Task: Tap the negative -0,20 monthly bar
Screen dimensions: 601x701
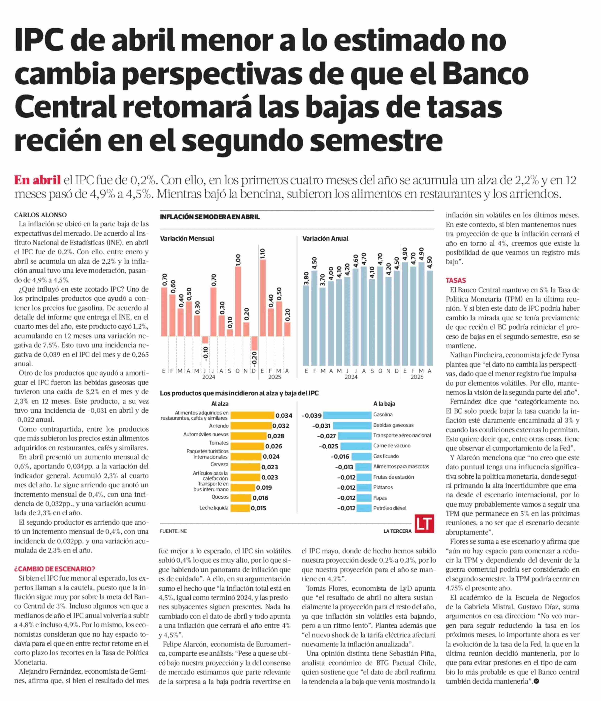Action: (x=254, y=343)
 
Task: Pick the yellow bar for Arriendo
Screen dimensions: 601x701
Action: (x=251, y=426)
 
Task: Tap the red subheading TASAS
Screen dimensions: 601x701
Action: (x=456, y=280)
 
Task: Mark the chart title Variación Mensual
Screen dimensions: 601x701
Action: (x=187, y=238)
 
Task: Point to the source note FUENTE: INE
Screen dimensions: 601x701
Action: (x=173, y=531)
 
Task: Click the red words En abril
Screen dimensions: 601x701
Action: (x=37, y=180)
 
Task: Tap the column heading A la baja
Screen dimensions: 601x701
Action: (x=384, y=404)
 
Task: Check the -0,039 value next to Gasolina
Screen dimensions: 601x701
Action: (x=312, y=415)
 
